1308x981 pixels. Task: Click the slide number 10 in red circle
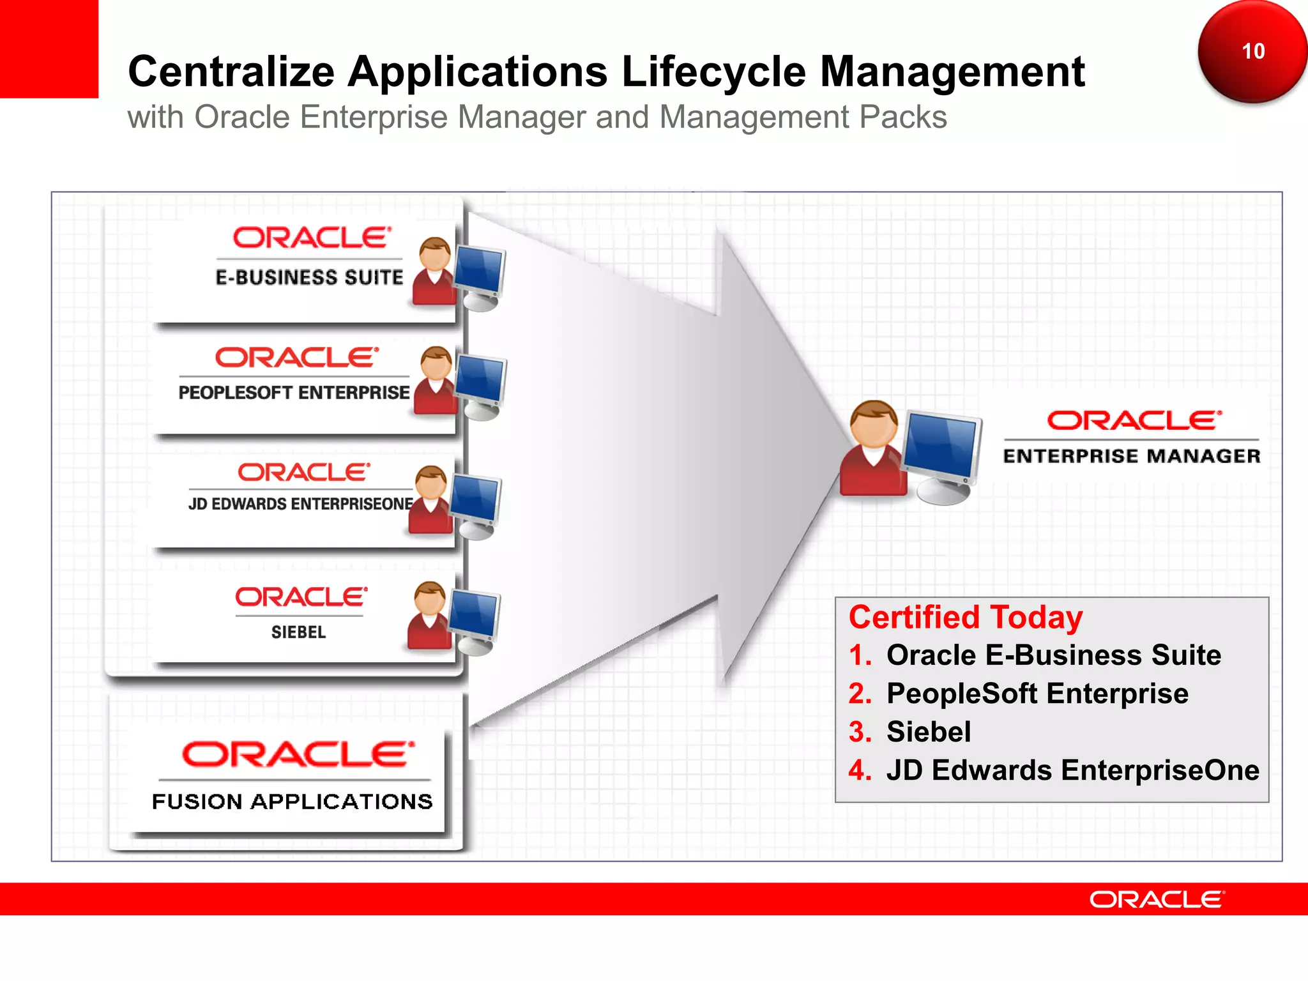pyautogui.click(x=1252, y=51)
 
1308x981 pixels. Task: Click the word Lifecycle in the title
pyautogui.click(x=713, y=72)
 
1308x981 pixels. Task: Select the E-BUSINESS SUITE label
pyautogui.click(x=309, y=277)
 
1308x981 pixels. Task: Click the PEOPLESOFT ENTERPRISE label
pyautogui.click(x=294, y=392)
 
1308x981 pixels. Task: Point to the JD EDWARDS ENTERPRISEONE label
pyautogui.click(x=300, y=504)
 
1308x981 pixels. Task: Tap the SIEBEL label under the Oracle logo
pyautogui.click(x=298, y=632)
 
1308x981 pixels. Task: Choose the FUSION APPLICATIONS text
pyautogui.click(x=292, y=802)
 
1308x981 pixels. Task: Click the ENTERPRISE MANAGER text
pyautogui.click(x=1131, y=456)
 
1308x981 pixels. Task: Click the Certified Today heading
pyautogui.click(x=965, y=618)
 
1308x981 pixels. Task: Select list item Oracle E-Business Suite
pyautogui.click(x=1053, y=655)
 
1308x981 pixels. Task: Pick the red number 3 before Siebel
pyautogui.click(x=860, y=732)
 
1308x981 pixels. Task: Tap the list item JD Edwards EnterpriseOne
pyautogui.click(x=1072, y=770)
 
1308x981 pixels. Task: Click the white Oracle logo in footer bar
pyautogui.click(x=1157, y=899)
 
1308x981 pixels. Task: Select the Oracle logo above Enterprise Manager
pyautogui.click(x=1134, y=420)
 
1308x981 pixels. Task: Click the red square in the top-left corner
pyautogui.click(x=49, y=49)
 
